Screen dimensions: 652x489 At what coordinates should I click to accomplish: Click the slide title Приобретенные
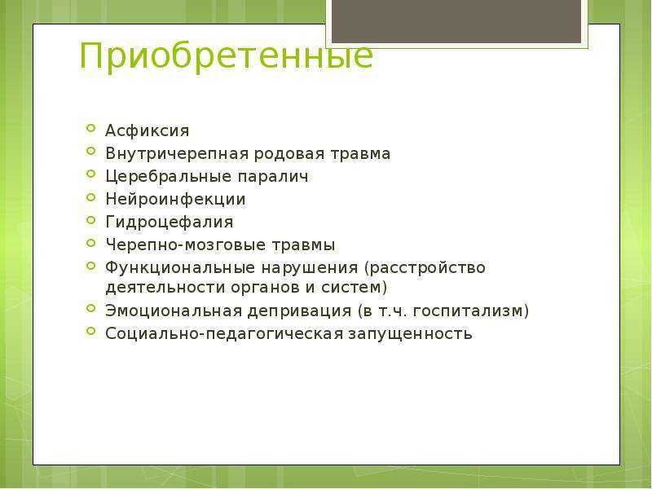click(x=227, y=56)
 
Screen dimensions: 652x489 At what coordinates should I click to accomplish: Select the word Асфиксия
click(x=148, y=130)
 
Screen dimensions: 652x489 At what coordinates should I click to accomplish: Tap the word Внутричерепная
click(x=177, y=154)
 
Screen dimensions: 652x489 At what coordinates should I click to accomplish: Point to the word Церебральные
click(x=169, y=176)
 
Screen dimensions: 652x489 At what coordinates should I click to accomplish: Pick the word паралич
click(x=273, y=177)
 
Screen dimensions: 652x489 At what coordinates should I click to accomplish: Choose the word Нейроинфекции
click(x=175, y=199)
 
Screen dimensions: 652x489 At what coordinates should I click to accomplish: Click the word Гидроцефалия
click(x=170, y=222)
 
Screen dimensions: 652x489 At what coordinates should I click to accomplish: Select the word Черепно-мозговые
click(x=186, y=245)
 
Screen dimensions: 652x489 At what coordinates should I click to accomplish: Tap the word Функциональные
click(x=179, y=267)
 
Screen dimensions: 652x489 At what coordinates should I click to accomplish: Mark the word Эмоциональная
click(x=174, y=311)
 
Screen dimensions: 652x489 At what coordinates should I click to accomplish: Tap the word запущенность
click(x=410, y=334)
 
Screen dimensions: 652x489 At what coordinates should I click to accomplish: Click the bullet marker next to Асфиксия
click(x=91, y=128)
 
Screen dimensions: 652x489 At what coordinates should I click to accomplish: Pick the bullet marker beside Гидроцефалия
click(x=91, y=219)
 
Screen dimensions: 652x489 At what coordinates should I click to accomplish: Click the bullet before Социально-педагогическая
click(x=91, y=331)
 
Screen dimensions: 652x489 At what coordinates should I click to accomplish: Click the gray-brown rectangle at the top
click(x=456, y=21)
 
